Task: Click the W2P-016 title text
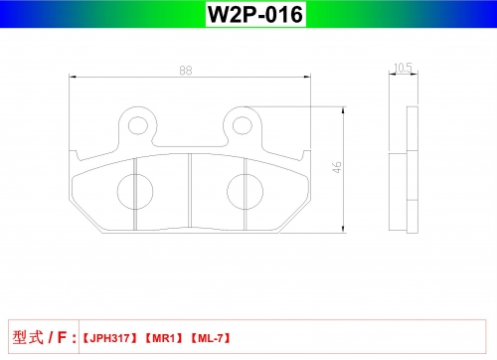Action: (x=255, y=14)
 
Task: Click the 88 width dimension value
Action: (x=186, y=71)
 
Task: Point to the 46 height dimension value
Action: (x=337, y=167)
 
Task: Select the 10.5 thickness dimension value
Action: (x=403, y=68)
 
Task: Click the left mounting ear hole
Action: (x=138, y=125)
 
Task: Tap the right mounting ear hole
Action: (x=243, y=125)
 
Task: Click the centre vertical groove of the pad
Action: (x=190, y=190)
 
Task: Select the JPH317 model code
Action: (x=109, y=338)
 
